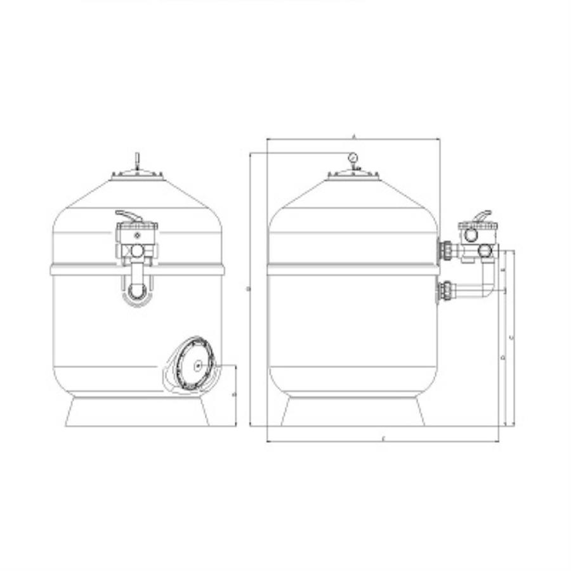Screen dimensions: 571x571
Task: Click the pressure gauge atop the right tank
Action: click(x=353, y=157)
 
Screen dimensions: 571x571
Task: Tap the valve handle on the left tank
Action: click(x=131, y=215)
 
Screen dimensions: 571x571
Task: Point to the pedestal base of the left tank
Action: click(x=137, y=412)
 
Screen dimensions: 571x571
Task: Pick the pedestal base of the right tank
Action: click(x=353, y=412)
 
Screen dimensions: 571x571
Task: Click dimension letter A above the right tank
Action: click(x=353, y=136)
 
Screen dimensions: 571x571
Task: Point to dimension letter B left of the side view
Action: click(x=247, y=289)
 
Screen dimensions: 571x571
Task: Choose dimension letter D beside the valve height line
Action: click(x=502, y=358)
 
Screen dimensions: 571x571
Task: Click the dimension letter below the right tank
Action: click(x=384, y=438)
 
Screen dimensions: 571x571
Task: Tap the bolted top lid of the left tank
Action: click(x=137, y=175)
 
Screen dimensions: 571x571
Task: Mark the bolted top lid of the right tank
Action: click(x=353, y=175)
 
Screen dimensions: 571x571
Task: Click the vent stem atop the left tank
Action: click(x=137, y=159)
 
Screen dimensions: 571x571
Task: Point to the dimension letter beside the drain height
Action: click(x=233, y=395)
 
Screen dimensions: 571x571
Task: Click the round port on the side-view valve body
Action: click(x=471, y=235)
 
